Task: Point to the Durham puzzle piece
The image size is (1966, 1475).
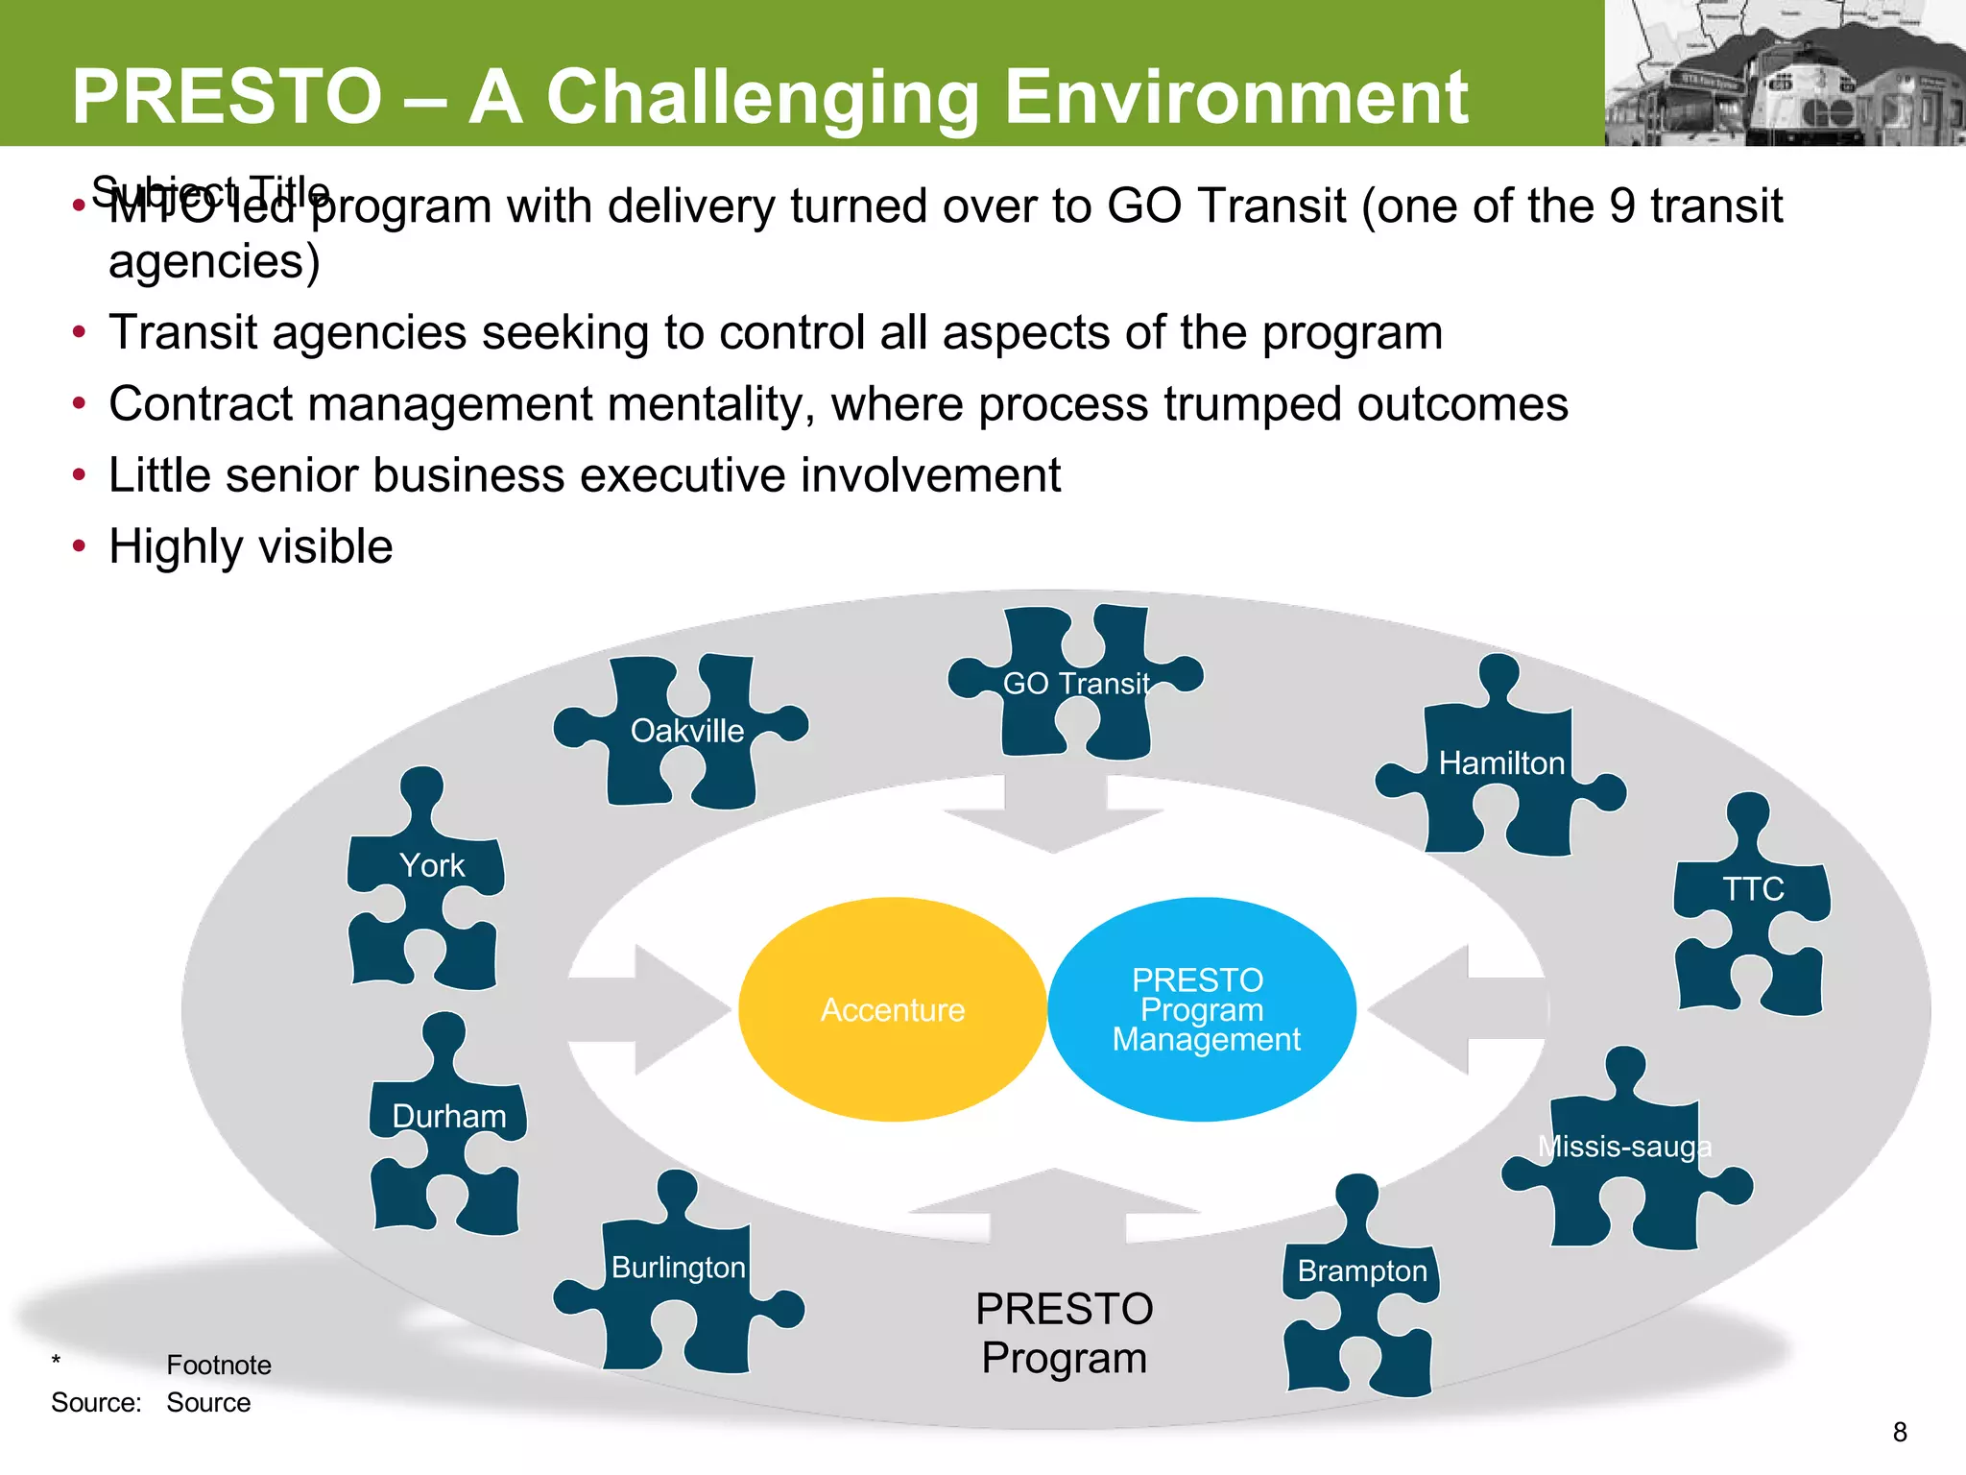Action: tap(447, 1133)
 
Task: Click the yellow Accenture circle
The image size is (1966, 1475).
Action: tap(893, 1009)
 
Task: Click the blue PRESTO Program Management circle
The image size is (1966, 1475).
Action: tap(1202, 1009)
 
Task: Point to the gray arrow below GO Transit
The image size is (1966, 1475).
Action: tap(1054, 816)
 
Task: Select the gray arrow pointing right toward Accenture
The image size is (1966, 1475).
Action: tap(662, 1009)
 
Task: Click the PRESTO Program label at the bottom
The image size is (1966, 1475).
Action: tap(1064, 1333)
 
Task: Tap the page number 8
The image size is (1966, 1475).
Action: tap(1899, 1432)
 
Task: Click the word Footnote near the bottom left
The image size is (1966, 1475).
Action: tap(219, 1365)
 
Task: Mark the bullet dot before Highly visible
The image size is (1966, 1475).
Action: tap(80, 546)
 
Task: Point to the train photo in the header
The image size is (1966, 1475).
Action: tap(1786, 77)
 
